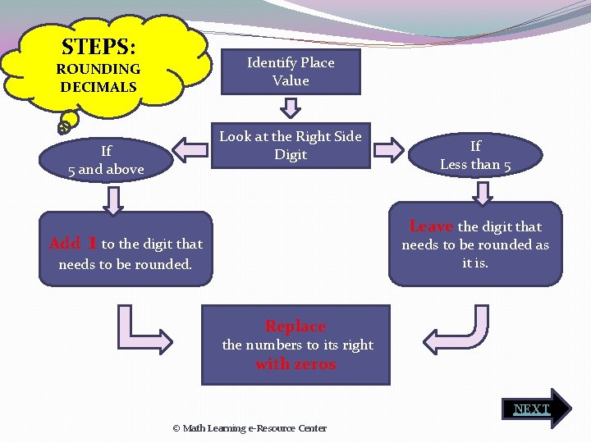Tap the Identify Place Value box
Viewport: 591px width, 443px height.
[291, 71]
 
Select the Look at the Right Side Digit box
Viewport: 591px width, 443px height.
[290, 146]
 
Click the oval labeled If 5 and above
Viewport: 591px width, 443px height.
[106, 160]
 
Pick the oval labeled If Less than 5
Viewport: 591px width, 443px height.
[475, 155]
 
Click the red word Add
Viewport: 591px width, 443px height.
[65, 244]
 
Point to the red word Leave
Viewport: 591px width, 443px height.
[431, 226]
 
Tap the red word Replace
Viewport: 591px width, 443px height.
[295, 327]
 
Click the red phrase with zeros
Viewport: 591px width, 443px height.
[295, 364]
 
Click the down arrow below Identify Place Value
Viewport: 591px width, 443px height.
[291, 107]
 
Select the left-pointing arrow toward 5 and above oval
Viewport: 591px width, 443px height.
[191, 148]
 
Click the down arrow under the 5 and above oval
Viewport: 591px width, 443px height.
[112, 199]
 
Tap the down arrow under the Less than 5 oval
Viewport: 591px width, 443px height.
[483, 192]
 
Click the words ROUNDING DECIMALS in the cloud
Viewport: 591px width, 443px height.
[98, 78]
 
